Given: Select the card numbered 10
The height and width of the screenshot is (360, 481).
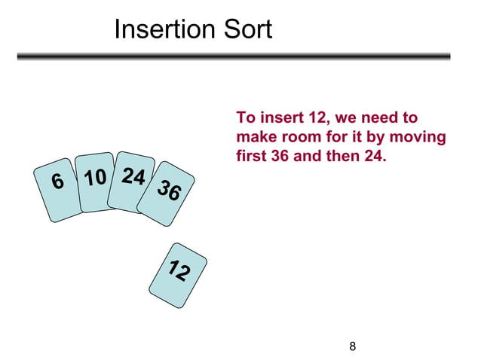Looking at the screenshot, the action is [94, 182].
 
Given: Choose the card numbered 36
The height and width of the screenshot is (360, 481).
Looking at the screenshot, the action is [167, 193].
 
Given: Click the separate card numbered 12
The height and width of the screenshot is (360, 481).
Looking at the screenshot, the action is [178, 274].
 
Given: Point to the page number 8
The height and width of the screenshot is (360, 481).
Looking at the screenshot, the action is [353, 346].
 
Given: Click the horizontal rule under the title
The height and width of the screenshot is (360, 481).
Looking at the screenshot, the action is [234, 56].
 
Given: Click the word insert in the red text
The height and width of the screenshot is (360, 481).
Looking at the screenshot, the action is [282, 118].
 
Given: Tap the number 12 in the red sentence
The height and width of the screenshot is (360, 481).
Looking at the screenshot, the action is [317, 118].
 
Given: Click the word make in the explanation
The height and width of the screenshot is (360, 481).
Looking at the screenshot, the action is [254, 139].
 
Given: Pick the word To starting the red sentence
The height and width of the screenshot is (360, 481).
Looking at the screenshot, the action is [245, 118].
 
